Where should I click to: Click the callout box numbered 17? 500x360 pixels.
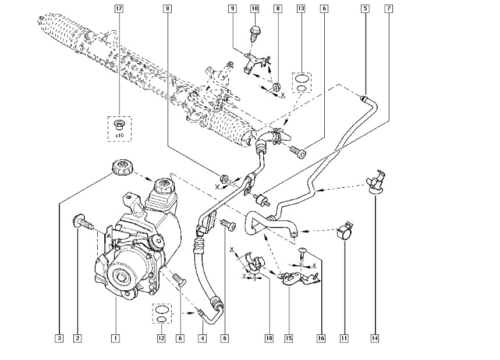click(119, 9)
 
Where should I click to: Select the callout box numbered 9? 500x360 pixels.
click(232, 9)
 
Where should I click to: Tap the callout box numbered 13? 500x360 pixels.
click(301, 9)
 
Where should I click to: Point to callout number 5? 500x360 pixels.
click(366, 9)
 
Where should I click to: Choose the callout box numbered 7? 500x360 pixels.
click(388, 9)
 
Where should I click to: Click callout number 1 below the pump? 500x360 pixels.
click(115, 338)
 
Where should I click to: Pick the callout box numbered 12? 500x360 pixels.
click(161, 338)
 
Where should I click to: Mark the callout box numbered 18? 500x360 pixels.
click(269, 338)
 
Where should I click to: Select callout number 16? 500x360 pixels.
click(321, 338)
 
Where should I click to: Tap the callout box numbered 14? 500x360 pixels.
click(375, 338)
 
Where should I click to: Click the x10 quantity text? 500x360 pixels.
click(119, 136)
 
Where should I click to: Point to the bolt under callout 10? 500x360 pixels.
click(254, 34)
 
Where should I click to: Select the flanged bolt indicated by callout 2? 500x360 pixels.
click(82, 223)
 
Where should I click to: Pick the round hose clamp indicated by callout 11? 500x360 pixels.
click(345, 231)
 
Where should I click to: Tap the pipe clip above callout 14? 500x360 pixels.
click(375, 181)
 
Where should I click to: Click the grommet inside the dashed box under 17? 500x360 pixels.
click(119, 125)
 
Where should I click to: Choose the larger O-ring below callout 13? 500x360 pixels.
click(302, 78)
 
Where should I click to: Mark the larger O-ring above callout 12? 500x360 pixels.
click(162, 309)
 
